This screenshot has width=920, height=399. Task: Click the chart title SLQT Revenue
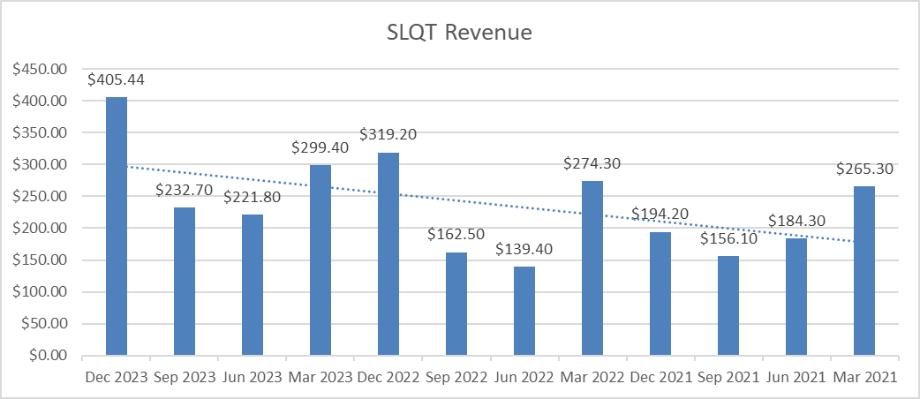(459, 34)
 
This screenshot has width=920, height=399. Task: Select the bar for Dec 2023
(117, 226)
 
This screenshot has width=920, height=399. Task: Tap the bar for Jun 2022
(524, 311)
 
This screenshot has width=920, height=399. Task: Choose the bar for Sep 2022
(456, 304)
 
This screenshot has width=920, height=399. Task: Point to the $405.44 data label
(117, 79)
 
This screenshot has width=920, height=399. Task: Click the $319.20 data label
(388, 135)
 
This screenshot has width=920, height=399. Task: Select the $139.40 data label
(524, 250)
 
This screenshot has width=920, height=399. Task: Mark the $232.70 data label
(185, 190)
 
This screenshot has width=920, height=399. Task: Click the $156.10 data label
(728, 239)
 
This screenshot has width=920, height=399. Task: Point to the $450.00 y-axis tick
(40, 69)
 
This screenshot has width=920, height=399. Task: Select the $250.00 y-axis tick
(40, 196)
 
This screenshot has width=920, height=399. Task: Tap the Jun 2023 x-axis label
(253, 377)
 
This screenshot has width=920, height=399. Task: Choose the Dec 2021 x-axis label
(660, 377)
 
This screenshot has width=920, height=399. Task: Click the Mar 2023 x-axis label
(320, 377)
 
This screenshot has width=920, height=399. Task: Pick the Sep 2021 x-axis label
(728, 377)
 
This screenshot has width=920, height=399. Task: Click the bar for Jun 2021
(796, 297)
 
